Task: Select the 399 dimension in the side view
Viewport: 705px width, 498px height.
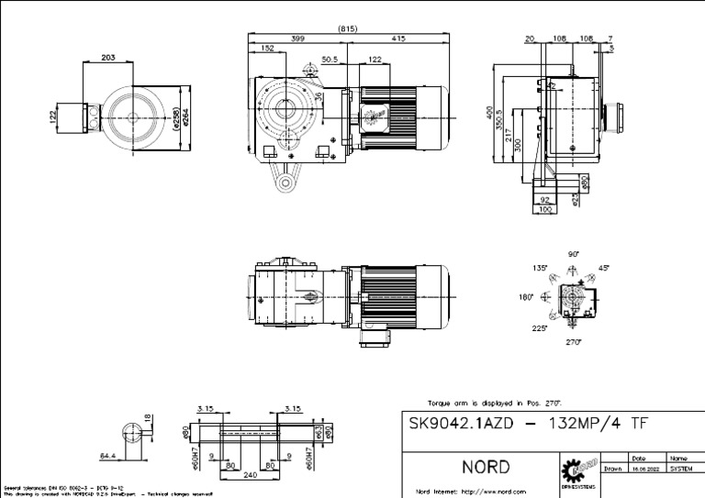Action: coord(298,39)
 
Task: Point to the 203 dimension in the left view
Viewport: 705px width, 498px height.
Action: coord(107,58)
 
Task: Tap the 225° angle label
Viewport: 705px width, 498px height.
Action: coord(539,327)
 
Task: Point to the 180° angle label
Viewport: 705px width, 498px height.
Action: coord(525,297)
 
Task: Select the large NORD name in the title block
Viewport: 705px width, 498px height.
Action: coord(486,466)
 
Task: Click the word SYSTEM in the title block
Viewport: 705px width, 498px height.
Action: coord(680,467)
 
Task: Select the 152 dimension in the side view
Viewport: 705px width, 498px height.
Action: coord(267,48)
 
